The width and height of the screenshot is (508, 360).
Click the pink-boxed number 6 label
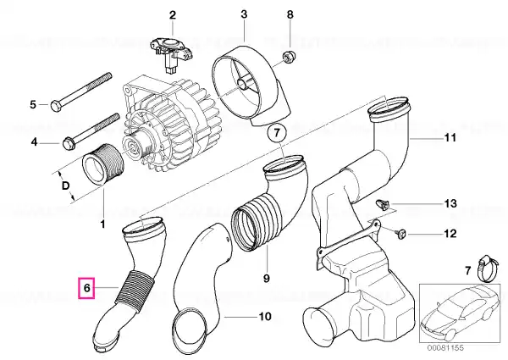[x=86, y=287]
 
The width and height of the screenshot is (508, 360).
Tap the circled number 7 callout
[x=276, y=133]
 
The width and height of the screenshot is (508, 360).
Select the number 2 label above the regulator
[x=173, y=15]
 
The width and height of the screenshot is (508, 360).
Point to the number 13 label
[x=450, y=203]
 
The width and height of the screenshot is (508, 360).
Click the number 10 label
[x=265, y=316]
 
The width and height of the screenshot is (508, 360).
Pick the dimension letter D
[x=65, y=186]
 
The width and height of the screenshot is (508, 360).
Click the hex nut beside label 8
[x=286, y=57]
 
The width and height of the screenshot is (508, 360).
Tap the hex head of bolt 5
[x=55, y=106]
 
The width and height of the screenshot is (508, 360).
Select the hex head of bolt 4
[x=68, y=143]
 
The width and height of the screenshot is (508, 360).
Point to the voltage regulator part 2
[x=172, y=54]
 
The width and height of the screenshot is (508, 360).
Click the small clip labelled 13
[x=382, y=205]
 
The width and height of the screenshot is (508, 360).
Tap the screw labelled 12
[x=400, y=233]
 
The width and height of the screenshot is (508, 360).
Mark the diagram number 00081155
[x=445, y=348]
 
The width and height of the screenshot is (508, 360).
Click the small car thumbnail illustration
[x=460, y=313]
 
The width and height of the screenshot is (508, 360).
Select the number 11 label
[x=450, y=138]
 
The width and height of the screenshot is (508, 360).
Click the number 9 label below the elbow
[x=266, y=278]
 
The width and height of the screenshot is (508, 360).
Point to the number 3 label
[x=244, y=14]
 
